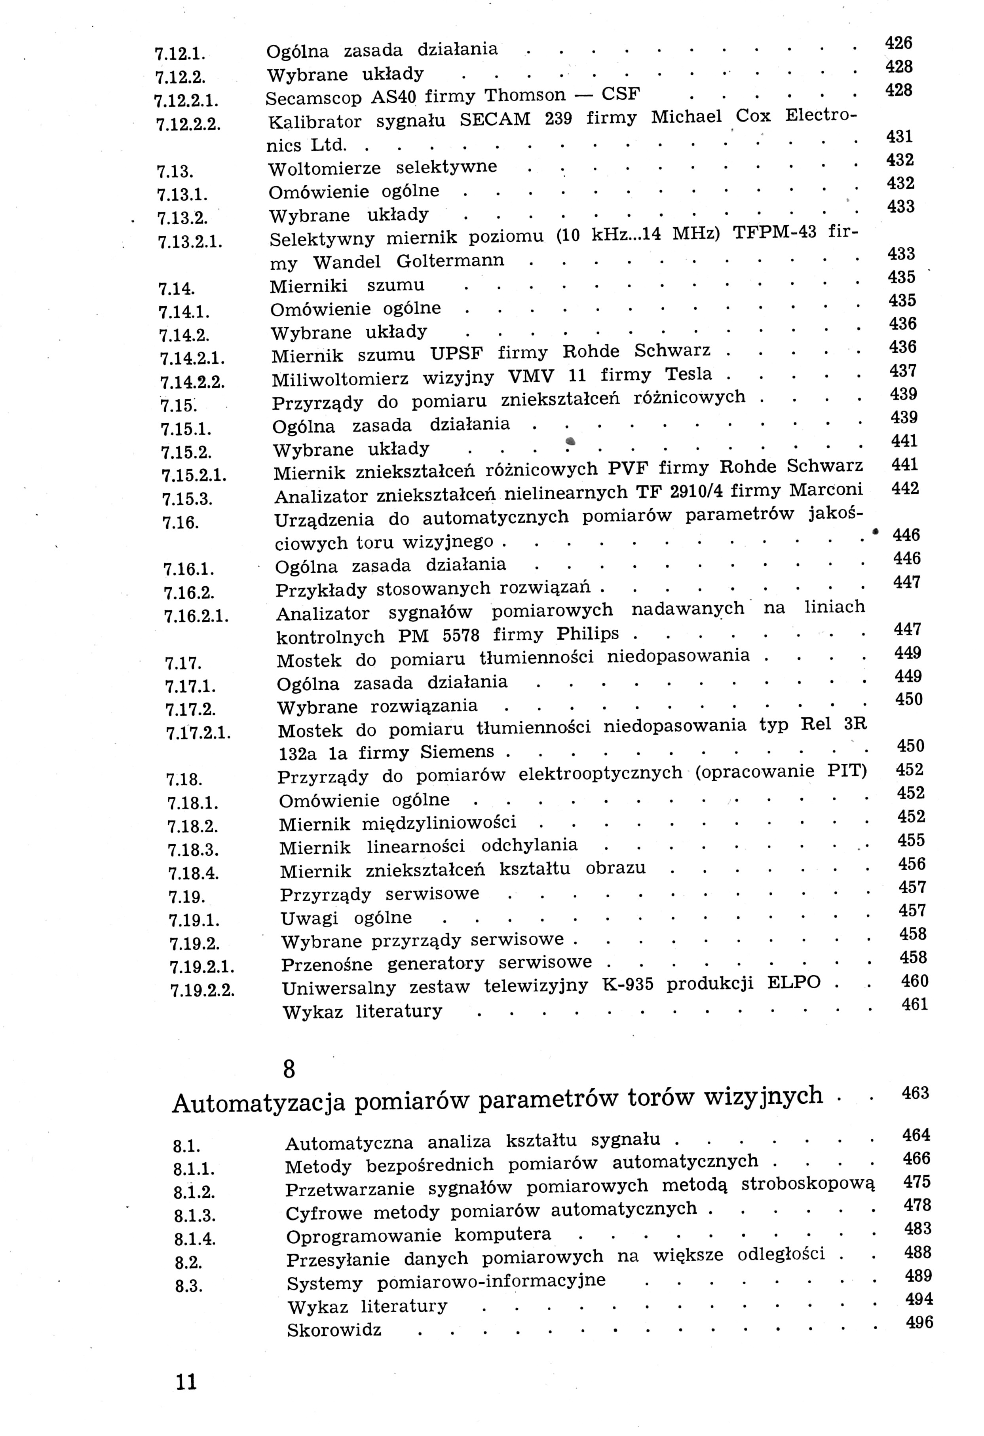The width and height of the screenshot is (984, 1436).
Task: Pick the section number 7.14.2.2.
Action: [x=192, y=382]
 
